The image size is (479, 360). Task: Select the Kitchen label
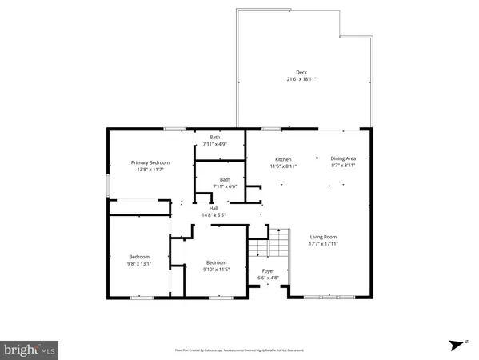[x=284, y=159]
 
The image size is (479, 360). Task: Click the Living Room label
[x=324, y=236]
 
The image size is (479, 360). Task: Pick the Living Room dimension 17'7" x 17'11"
[x=324, y=243]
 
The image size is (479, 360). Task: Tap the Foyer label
[x=269, y=271]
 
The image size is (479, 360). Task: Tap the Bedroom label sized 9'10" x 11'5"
[x=217, y=263]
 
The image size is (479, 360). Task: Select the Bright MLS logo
[x=30, y=349]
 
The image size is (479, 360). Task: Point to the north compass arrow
[x=457, y=345]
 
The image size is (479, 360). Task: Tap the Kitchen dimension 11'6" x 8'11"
[x=284, y=166]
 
